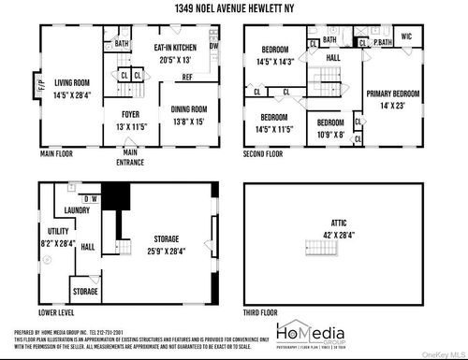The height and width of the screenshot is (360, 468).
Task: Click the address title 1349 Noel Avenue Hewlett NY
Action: pos(234,7)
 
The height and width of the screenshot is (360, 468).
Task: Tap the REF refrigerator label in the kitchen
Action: pos(187,77)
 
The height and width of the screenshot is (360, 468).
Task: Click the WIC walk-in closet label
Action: pos(406,36)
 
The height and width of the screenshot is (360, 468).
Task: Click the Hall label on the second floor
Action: pos(333,58)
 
